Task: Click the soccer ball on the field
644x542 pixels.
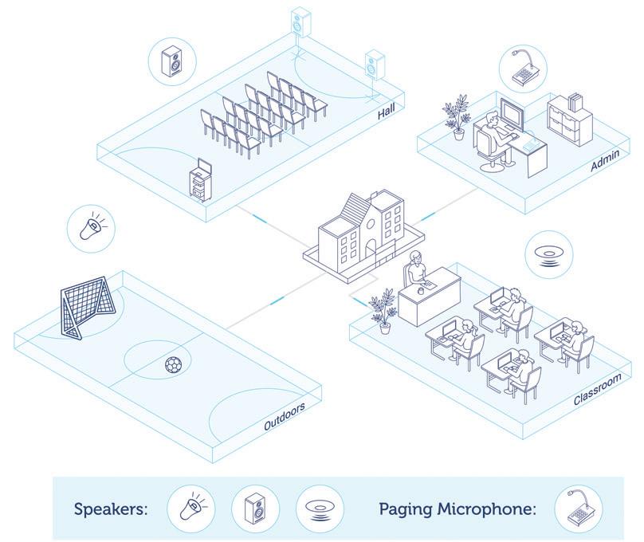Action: pos(172,364)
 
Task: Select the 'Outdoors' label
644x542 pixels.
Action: pos(285,417)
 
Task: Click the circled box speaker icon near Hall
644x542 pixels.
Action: pos(172,61)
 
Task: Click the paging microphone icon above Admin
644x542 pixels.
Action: pos(522,69)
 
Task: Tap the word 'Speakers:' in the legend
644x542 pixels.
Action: pos(111,509)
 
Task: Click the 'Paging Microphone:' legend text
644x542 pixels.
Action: pos(457,509)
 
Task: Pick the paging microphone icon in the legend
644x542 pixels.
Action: pos(578,509)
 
